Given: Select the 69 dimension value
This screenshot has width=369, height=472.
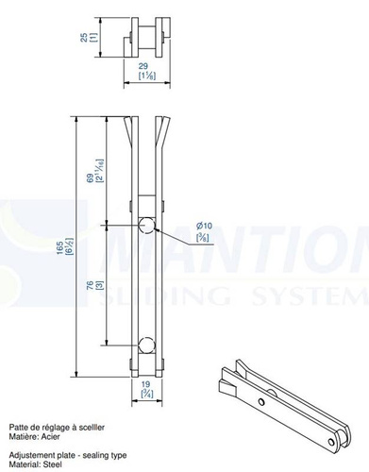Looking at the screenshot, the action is coord(91,177).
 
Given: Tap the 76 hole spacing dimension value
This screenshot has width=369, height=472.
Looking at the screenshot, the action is coord(91,286).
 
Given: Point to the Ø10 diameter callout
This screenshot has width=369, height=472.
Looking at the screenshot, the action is coord(204,226).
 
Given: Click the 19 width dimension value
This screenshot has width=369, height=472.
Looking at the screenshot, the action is coord(145,384).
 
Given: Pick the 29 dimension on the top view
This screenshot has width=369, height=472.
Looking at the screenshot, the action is coord(143,66).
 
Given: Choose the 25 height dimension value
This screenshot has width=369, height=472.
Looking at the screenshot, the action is coord(84,38).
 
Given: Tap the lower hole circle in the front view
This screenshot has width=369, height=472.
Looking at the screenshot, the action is coord(146,345).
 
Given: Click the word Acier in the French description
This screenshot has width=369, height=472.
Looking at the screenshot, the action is coord(50,437).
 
